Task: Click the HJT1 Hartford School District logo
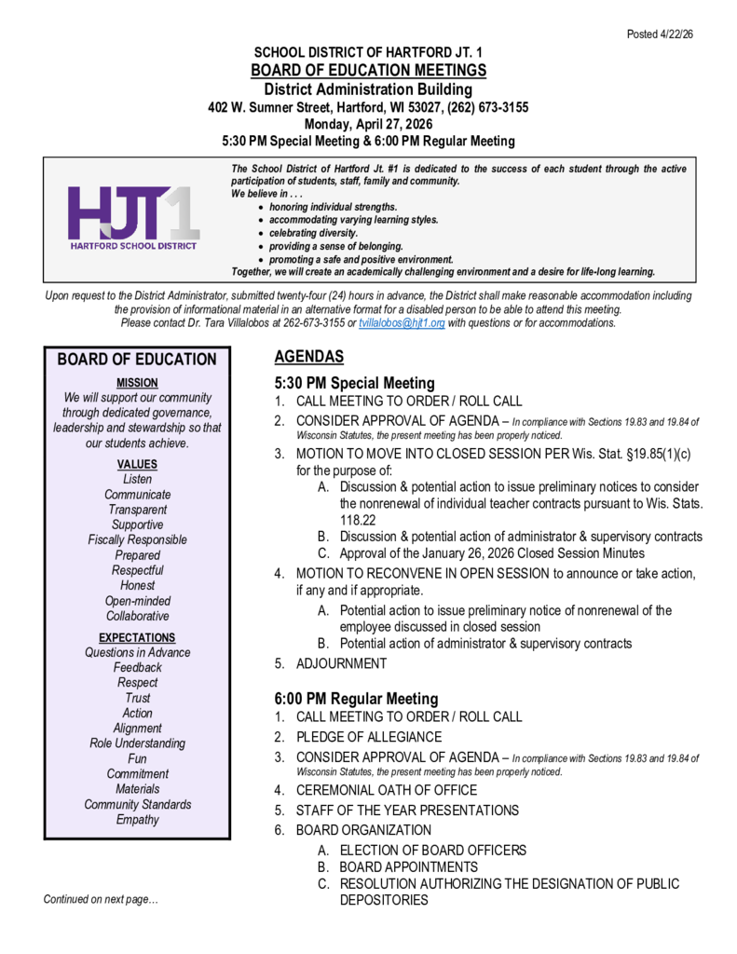pos(133,219)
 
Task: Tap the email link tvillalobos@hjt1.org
pos(403,323)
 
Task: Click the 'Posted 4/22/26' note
pos(661,34)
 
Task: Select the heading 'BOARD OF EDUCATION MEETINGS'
pos(368,71)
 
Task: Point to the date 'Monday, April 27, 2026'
pos(368,124)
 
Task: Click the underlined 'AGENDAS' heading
pos(309,357)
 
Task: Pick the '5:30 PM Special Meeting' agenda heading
pos(354,383)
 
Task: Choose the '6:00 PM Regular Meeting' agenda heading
pos(355,699)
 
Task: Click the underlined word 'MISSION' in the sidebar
pos(137,383)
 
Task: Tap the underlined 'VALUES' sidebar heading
pos(137,464)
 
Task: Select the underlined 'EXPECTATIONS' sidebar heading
pos(137,637)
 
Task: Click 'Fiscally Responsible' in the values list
pos(137,539)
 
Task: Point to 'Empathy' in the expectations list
pos(137,820)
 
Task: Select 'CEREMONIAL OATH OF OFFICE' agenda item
pos(387,790)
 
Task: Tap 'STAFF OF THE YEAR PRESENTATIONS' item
pos(407,811)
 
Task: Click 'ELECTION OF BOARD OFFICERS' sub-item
pos(432,851)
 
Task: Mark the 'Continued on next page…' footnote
pos(101,900)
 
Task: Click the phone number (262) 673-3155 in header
pos(483,107)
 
